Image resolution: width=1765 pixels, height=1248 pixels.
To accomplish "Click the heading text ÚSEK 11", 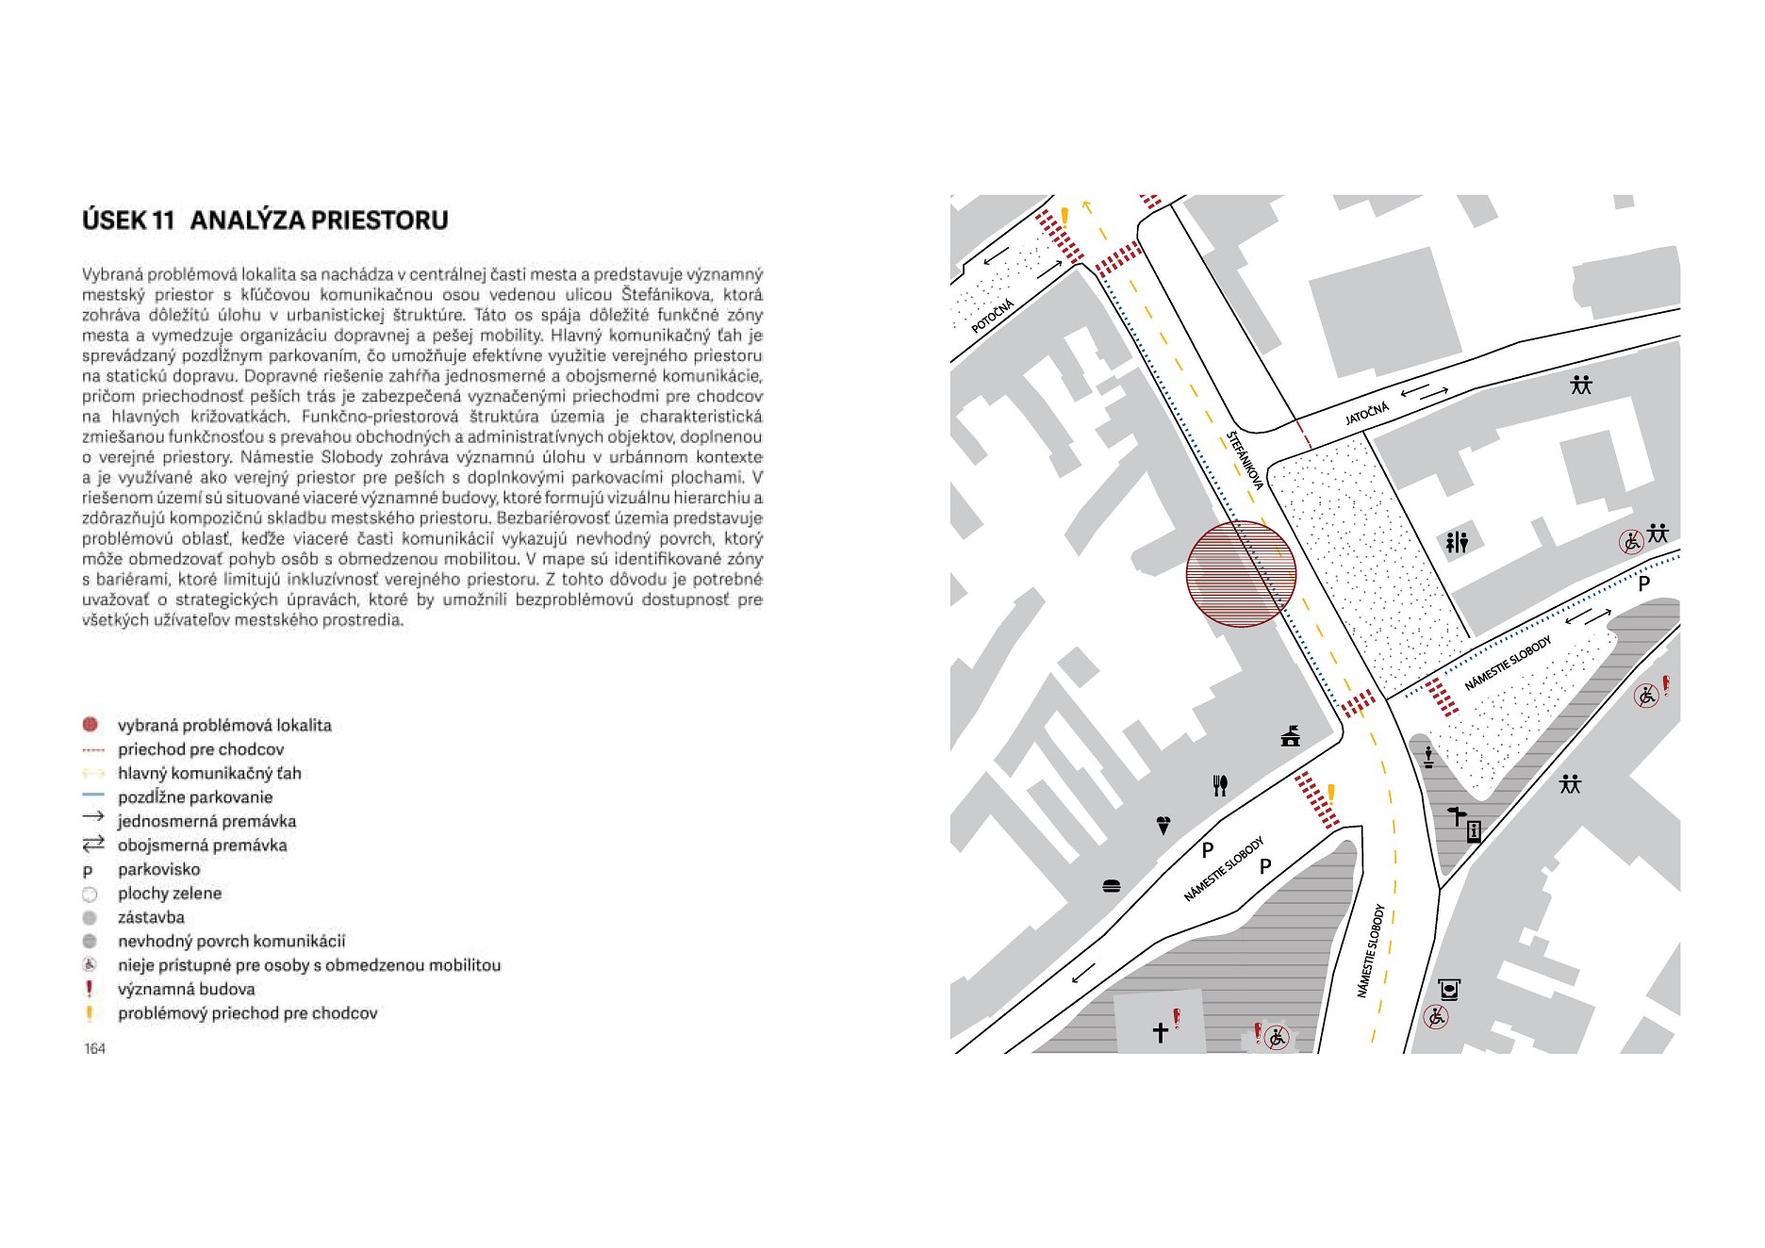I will (128, 221).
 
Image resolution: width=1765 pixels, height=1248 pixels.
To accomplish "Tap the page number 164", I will (94, 1048).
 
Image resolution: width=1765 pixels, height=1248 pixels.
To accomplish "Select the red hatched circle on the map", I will (1241, 574).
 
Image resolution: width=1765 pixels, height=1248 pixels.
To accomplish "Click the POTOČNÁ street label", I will (992, 316).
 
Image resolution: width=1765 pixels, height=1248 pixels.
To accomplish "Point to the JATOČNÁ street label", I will (1366, 413).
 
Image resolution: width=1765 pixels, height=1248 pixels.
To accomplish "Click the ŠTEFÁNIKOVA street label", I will (1245, 460).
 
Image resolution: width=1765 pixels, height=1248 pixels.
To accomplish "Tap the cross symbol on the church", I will (1161, 1032).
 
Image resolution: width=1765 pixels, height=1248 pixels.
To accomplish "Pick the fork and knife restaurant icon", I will (1220, 785).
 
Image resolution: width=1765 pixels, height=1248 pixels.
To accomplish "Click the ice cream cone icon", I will (1163, 826).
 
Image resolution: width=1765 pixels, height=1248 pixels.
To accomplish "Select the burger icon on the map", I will (1112, 885).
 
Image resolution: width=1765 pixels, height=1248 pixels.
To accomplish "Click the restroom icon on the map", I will (1457, 542).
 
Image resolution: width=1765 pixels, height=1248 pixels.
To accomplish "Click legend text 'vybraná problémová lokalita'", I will (224, 725).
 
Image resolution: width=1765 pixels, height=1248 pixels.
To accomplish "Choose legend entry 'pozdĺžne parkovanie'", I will (195, 797).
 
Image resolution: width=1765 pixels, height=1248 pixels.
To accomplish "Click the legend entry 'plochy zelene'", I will (170, 893).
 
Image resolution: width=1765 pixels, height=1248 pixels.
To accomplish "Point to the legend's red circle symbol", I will (91, 725).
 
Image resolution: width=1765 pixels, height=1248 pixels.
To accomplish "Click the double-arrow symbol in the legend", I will (92, 844).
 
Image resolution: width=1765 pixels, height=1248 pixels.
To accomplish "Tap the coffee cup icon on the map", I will (1450, 990).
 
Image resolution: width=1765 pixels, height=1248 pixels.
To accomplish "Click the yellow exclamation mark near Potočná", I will (1064, 217).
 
